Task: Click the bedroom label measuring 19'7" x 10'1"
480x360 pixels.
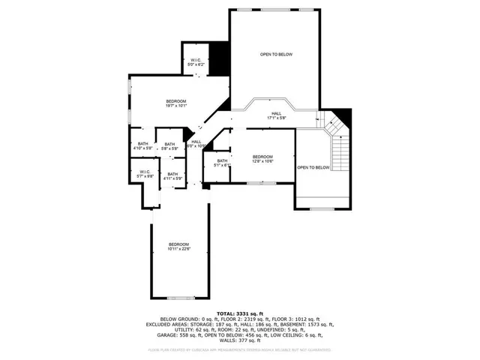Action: coord(176,103)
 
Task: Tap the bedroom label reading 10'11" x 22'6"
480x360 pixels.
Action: coord(178,247)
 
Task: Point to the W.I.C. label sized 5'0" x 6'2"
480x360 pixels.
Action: coord(195,62)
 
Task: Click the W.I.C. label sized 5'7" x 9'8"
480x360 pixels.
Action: coord(145,174)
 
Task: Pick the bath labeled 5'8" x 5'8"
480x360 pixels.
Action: coord(169,146)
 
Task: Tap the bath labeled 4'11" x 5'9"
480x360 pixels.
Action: coord(173,176)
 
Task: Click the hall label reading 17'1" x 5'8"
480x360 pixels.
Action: coord(277,115)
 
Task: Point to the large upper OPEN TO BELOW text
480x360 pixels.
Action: coord(276,55)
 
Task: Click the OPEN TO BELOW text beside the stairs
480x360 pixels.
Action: coord(313,167)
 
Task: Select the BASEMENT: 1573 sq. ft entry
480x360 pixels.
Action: coord(307,323)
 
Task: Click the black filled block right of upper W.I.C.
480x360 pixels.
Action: coord(218,58)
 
